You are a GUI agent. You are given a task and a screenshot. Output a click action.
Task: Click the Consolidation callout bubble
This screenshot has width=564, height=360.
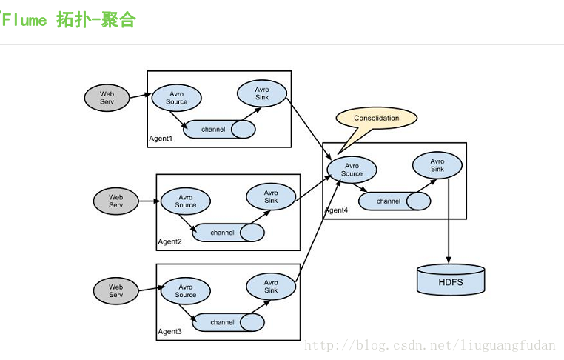[x=376, y=118]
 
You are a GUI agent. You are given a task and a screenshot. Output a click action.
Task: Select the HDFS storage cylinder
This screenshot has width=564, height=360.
[x=451, y=280]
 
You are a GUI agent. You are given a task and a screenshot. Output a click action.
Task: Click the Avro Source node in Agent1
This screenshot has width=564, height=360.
[x=177, y=98]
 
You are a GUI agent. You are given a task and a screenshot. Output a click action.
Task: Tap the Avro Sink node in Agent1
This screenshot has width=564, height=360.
[x=262, y=93]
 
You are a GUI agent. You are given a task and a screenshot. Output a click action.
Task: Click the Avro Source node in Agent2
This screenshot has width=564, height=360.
[x=186, y=201]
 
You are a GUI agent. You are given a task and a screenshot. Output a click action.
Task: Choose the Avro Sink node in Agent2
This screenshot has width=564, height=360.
[x=271, y=197]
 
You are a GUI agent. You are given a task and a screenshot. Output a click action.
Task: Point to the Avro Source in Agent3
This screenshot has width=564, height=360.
[x=186, y=291]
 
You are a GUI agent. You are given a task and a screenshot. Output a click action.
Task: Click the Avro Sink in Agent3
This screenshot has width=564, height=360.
[x=271, y=287]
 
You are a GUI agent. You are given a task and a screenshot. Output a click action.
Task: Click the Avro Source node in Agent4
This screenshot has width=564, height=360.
[x=352, y=170]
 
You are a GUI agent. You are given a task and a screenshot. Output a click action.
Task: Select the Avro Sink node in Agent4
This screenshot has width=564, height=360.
[x=437, y=165]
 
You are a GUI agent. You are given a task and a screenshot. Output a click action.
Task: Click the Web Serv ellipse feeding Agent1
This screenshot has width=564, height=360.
[x=107, y=98]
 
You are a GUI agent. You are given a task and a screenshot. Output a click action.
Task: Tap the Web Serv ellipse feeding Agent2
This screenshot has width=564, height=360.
[x=116, y=201]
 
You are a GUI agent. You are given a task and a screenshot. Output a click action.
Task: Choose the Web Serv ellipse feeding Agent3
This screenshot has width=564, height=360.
[x=116, y=290]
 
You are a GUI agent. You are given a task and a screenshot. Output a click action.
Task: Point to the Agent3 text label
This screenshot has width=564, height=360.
[x=169, y=331]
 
